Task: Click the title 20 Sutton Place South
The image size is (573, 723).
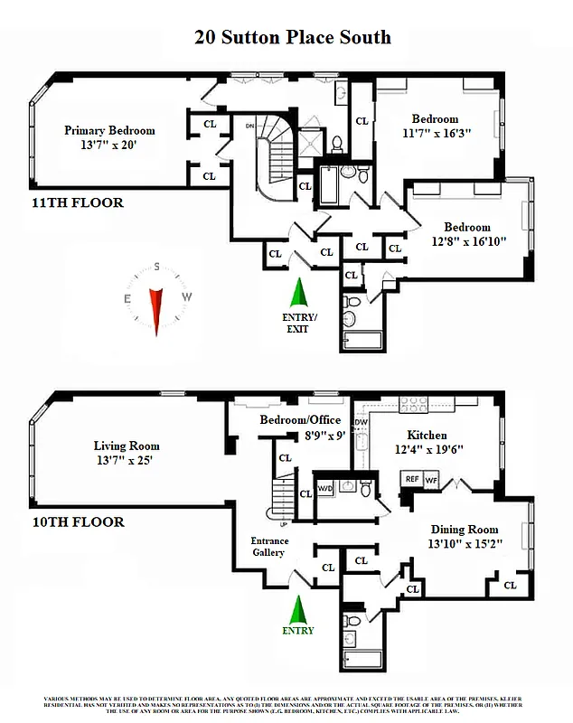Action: coord(293,37)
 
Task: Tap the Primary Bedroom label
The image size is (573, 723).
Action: coord(109,130)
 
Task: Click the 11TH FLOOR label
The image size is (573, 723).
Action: coord(76,202)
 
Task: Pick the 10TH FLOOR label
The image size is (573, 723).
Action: coord(76,522)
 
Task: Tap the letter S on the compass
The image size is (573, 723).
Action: coord(157,268)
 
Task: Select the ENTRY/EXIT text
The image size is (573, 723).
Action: coord(297,323)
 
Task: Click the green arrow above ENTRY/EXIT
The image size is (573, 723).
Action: coord(297,292)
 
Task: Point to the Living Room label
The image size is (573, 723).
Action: coord(127,446)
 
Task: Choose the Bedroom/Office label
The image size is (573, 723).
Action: coord(300,420)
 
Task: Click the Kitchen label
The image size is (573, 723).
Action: coord(427,435)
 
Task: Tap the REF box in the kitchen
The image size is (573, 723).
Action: coord(411,480)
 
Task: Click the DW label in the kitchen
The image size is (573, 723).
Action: coord(361,422)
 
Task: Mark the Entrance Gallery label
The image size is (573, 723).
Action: coord(268,547)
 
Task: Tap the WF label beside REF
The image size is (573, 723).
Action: coord(432,480)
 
